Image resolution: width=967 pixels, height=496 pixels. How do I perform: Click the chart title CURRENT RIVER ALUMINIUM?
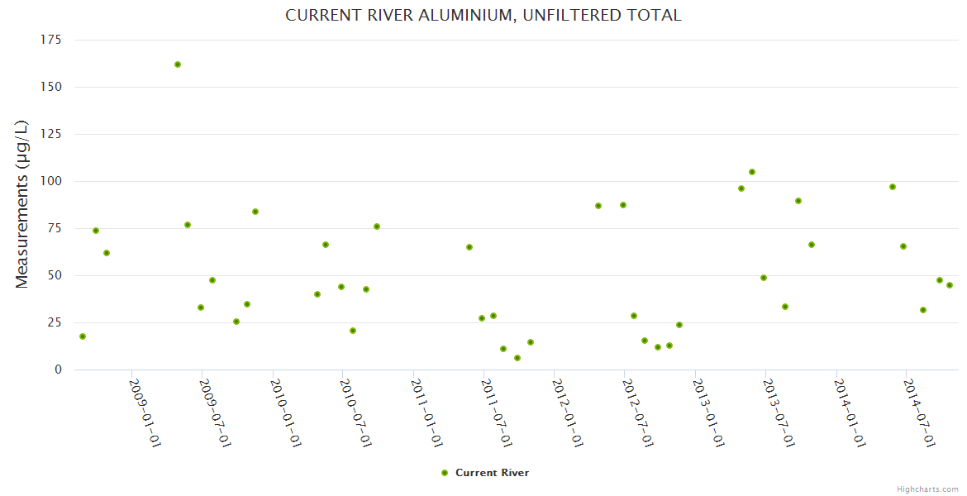click(x=483, y=16)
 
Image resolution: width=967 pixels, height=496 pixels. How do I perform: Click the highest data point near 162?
click(x=178, y=64)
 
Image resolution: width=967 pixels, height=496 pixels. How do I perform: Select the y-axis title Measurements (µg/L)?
click(x=22, y=204)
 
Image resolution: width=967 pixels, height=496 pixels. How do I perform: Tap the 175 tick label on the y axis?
click(x=51, y=40)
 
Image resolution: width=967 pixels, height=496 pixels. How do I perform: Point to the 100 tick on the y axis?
click(x=51, y=181)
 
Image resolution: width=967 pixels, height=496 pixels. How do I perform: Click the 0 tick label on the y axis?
click(x=58, y=370)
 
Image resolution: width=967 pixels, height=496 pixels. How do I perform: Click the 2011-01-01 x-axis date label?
click(x=426, y=413)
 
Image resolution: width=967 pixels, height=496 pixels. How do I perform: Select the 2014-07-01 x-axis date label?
click(x=919, y=413)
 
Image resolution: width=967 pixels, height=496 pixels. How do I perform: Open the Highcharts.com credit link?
click(x=927, y=489)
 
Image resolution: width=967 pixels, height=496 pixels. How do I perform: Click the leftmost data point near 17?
click(x=83, y=336)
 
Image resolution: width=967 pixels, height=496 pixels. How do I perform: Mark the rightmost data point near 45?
click(x=950, y=285)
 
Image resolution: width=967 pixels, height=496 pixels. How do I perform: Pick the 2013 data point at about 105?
click(x=752, y=172)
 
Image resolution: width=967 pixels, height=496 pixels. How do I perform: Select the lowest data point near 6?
click(x=517, y=358)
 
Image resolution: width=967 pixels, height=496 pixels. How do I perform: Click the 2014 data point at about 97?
click(x=893, y=187)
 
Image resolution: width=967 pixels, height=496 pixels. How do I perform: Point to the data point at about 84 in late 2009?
click(x=255, y=212)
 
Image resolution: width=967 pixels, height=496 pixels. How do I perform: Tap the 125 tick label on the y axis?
click(x=51, y=134)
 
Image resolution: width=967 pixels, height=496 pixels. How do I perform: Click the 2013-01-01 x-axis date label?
click(x=708, y=413)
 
